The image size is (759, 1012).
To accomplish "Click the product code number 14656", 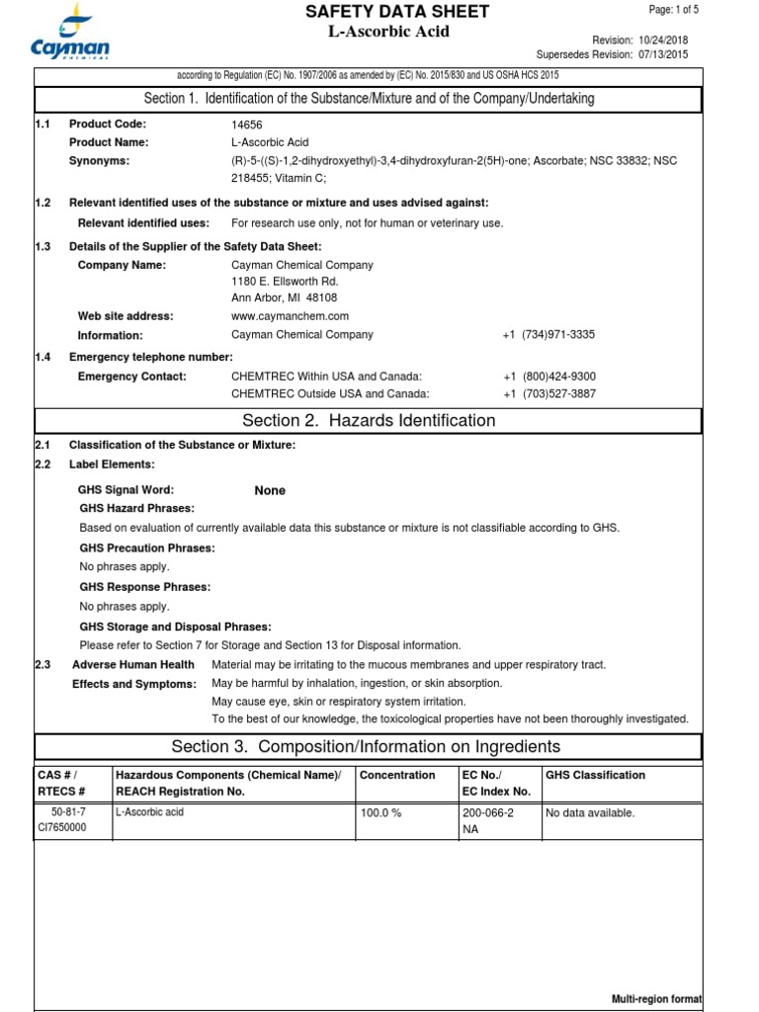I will [x=247, y=125].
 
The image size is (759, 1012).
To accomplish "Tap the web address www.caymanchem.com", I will [x=290, y=316].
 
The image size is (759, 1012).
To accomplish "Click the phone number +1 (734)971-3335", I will [x=548, y=335].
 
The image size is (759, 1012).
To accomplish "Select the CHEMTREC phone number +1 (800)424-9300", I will [x=548, y=377].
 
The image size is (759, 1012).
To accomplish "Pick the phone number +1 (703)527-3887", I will [x=548, y=394].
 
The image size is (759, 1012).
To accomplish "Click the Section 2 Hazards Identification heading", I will [x=369, y=421].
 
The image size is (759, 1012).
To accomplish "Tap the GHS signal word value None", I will [x=270, y=490].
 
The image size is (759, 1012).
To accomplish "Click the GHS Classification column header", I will [x=595, y=776].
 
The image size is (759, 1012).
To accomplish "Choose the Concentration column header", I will [x=397, y=776].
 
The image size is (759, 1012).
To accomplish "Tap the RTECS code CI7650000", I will [x=61, y=828].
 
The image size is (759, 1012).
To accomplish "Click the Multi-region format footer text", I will [x=656, y=1000].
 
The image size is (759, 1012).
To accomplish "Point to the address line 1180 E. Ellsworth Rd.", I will [x=285, y=282].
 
